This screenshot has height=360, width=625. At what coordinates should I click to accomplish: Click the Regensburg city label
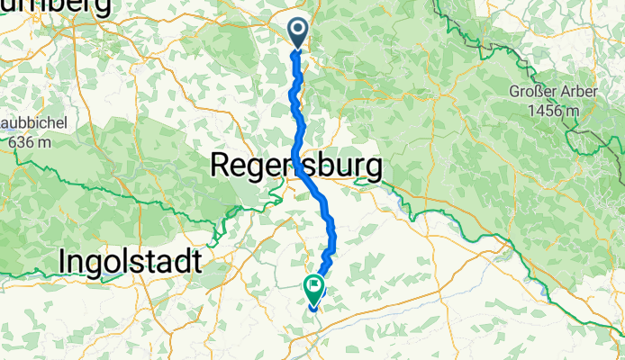click(295, 166)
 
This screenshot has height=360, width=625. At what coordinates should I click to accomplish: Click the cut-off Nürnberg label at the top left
click(54, 7)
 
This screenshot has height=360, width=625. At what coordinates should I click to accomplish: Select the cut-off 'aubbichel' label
click(30, 125)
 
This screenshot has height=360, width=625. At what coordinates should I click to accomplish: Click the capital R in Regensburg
click(221, 166)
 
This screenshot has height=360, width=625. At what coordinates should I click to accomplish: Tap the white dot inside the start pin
click(298, 31)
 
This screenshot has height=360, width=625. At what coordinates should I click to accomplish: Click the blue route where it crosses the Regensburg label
click(296, 166)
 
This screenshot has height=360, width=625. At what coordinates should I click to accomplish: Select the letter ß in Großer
click(530, 93)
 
